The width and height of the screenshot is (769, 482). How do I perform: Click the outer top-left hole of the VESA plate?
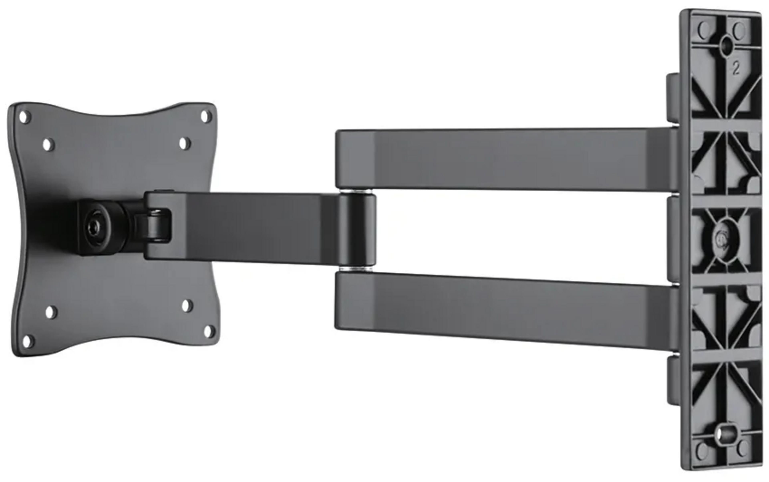pos(25,117)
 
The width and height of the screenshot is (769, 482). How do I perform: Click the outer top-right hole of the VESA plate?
pos(206,116)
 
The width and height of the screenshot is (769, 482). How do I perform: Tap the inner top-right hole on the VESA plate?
pos(184,144)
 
